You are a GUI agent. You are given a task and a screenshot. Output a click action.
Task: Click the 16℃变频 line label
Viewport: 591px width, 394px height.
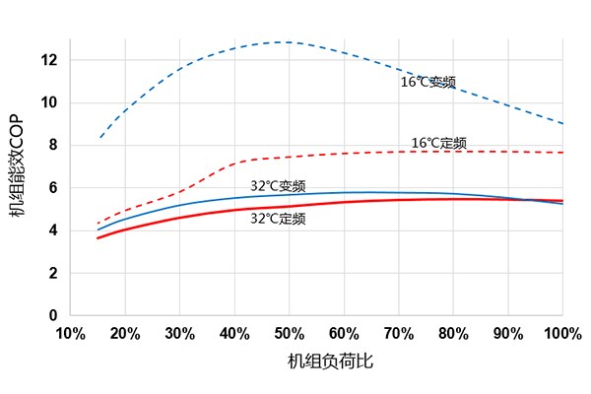[427, 82]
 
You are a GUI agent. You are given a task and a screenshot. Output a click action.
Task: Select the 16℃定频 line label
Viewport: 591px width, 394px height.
[438, 143]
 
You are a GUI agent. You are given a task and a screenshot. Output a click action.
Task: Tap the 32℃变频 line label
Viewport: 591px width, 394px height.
[278, 185]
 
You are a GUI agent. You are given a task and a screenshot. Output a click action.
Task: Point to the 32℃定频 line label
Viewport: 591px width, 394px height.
[278, 219]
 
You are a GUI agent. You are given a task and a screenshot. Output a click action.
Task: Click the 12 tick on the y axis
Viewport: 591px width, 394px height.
[49, 60]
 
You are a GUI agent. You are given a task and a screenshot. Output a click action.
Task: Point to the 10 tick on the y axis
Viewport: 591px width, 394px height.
[49, 102]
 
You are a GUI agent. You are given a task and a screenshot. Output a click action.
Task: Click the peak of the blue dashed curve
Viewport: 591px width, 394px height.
[286, 42]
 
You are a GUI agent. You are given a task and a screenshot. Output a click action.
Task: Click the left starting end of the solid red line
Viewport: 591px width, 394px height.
[98, 237]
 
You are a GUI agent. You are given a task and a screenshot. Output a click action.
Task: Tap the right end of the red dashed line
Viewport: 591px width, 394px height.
[561, 153]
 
